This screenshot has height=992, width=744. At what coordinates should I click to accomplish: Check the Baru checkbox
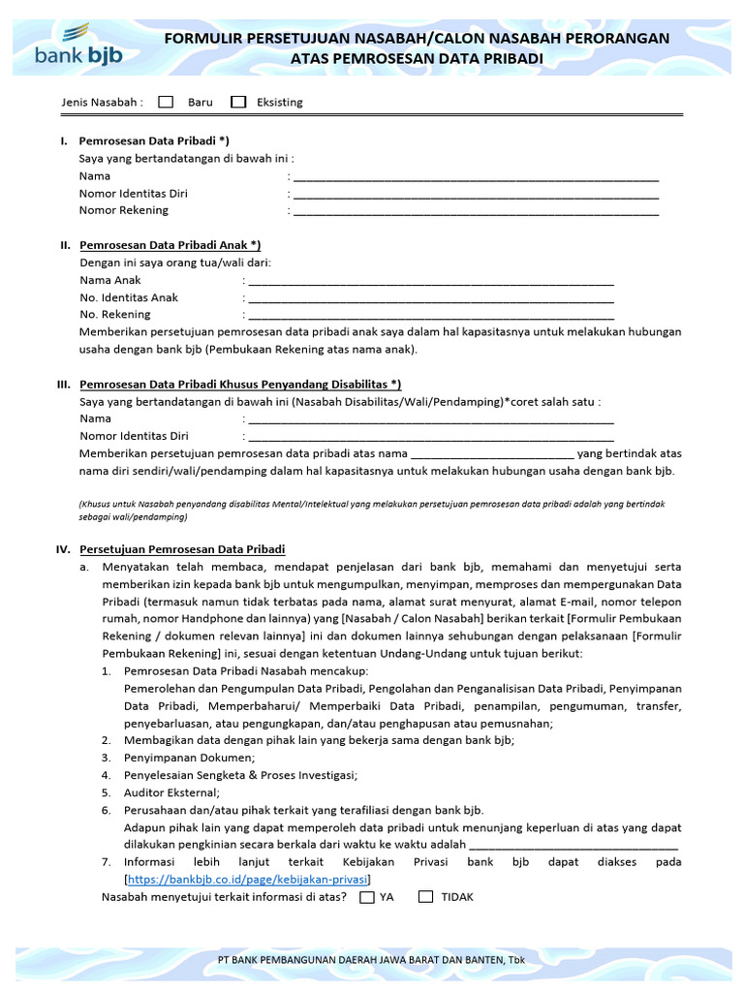click(x=166, y=102)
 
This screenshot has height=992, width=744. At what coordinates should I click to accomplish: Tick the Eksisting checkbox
click(x=238, y=102)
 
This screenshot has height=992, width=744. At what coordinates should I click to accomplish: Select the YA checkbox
click(x=366, y=897)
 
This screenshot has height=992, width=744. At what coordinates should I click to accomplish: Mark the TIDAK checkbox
click(x=425, y=897)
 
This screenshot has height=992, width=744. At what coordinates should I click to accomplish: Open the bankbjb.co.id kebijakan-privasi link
click(x=247, y=880)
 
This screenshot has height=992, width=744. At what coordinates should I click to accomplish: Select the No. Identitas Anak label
click(x=129, y=297)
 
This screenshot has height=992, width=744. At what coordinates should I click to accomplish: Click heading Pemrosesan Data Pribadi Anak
click(x=170, y=245)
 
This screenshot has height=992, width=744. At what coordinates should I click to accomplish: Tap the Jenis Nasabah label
click(x=102, y=102)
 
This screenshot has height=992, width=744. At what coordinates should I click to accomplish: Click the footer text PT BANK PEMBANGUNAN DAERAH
click(x=371, y=959)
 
